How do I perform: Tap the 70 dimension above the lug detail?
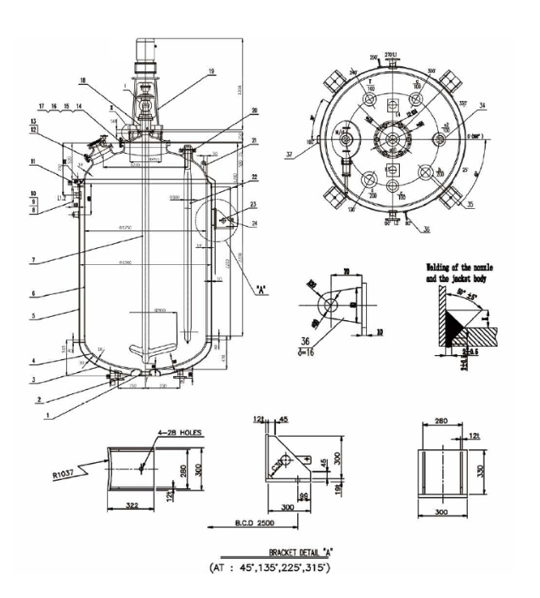(x=348, y=271)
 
